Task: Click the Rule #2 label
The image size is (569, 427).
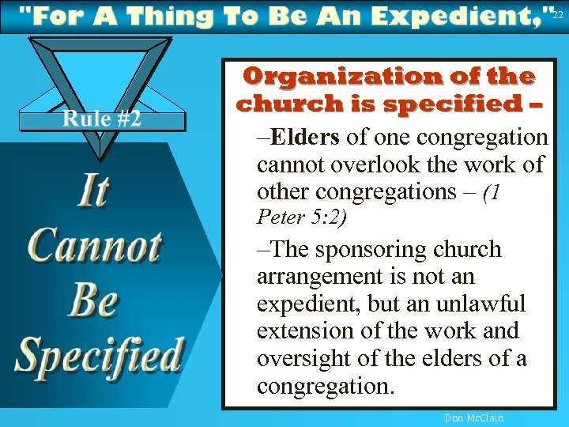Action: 102,119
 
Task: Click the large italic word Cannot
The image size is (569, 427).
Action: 95,246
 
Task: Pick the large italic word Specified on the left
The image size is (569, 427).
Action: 100,355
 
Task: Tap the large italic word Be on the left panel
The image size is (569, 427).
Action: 93,300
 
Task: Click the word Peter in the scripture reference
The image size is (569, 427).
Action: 275,216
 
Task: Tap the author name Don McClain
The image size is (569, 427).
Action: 473,418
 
